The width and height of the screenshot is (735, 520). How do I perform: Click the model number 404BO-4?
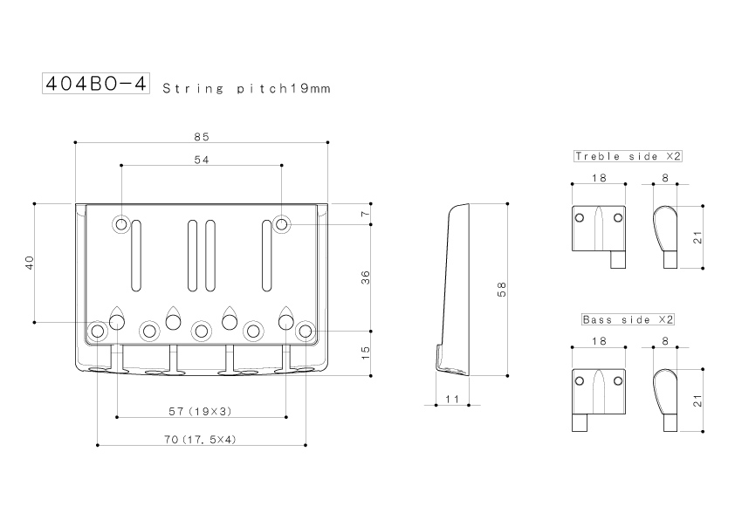tap(96, 84)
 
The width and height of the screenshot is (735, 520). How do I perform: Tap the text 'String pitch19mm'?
tap(246, 88)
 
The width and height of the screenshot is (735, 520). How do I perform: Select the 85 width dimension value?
tap(202, 137)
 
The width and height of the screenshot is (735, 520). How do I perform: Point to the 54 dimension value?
tap(202, 160)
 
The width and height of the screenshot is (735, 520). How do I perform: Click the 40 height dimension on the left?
tap(30, 263)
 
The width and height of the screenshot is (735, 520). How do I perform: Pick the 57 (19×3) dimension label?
tap(200, 411)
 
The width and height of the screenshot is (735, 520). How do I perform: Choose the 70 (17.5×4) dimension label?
tap(200, 440)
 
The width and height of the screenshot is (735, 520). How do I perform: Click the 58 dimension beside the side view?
tap(502, 289)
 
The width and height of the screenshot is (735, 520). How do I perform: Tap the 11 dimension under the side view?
tap(452, 399)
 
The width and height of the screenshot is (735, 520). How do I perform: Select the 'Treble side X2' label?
tap(628, 156)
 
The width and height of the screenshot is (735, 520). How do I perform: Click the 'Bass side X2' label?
tap(628, 320)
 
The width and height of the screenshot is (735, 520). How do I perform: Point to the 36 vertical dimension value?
tap(366, 277)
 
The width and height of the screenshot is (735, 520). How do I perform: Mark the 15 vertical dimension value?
tap(366, 352)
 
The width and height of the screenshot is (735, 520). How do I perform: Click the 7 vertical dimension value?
tap(366, 214)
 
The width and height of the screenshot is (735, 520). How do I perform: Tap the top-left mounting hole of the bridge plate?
tap(121, 224)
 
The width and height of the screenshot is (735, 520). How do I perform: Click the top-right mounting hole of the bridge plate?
tap(281, 224)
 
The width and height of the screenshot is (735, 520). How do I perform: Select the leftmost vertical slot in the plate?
tap(136, 256)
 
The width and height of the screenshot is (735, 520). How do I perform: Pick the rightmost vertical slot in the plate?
tap(266, 256)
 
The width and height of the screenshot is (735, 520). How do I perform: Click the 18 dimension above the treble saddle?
tap(599, 178)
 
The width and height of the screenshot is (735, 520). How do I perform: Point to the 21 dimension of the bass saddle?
tap(698, 400)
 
